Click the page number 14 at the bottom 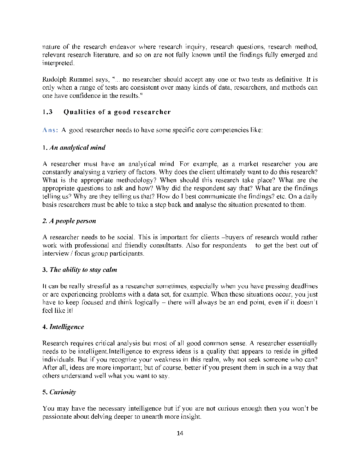pyautogui.click(x=180, y=434)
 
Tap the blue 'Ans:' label pyautogui.click(x=50, y=130)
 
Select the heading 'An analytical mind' pyautogui.click(x=77, y=148)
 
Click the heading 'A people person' pyautogui.click(x=72, y=221)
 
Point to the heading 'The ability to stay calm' pyautogui.click(x=83, y=270)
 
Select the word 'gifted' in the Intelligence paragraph pyautogui.click(x=309, y=352)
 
